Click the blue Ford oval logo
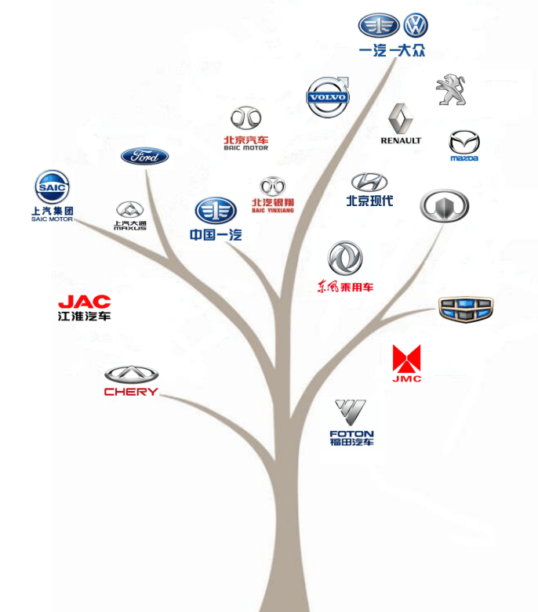tap(145, 156)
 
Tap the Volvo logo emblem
tap(327, 98)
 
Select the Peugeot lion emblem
tap(450, 90)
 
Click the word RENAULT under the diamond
tap(401, 141)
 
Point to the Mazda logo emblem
tap(463, 143)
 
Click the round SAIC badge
tap(52, 187)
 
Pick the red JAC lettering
tap(85, 302)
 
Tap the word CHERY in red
tap(131, 392)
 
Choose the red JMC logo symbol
tap(406, 359)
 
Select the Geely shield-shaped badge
tap(466, 309)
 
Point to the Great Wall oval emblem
tap(445, 205)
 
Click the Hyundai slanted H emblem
tap(369, 183)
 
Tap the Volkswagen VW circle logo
tap(416, 26)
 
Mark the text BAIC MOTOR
tap(245, 147)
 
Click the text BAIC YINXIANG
tap(273, 210)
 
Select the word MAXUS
tap(130, 228)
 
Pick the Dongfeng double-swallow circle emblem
tap(345, 259)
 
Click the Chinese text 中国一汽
tap(216, 235)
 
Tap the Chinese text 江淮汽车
tap(85, 316)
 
